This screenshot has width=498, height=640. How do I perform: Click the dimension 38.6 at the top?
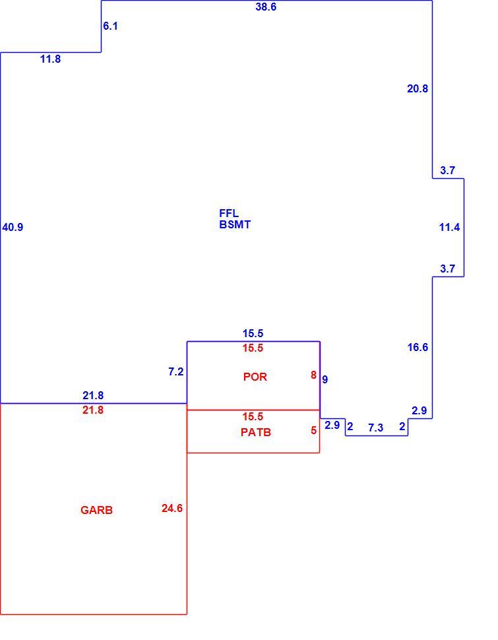(x=266, y=7)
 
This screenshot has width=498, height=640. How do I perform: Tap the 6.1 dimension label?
(x=110, y=26)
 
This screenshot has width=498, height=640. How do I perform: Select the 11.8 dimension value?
(x=50, y=59)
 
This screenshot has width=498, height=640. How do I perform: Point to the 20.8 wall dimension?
(x=418, y=88)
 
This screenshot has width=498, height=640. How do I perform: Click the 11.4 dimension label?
(x=449, y=228)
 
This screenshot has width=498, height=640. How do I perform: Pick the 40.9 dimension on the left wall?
(x=13, y=228)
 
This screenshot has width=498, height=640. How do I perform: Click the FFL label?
(x=229, y=213)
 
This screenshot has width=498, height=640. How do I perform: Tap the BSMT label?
(x=235, y=224)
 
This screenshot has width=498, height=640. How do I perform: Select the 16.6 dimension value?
(x=418, y=347)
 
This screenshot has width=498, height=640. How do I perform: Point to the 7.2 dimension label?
(x=176, y=372)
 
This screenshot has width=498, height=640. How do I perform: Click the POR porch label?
(x=255, y=377)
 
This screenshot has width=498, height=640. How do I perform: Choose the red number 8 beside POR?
(x=313, y=375)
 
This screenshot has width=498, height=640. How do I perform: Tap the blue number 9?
(x=325, y=379)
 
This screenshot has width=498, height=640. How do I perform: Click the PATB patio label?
(x=256, y=432)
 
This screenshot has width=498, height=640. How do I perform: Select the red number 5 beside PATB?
(x=313, y=431)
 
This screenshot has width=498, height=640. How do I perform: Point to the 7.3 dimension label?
(x=375, y=428)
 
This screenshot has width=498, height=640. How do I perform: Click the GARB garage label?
(x=96, y=510)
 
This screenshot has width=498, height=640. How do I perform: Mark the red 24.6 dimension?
(x=172, y=508)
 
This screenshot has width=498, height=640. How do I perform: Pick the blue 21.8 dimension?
(x=93, y=395)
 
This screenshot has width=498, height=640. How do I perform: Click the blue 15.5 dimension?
(x=253, y=333)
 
